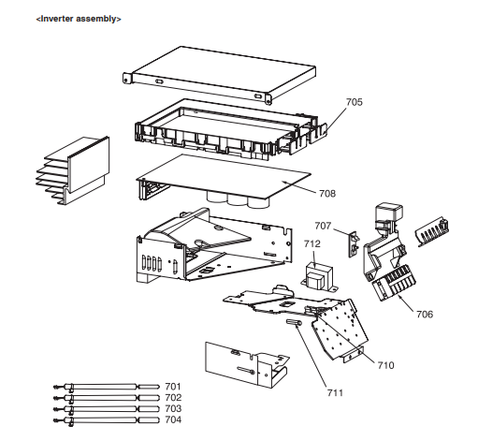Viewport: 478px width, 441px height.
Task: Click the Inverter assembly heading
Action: (79, 19)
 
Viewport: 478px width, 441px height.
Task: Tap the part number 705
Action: (355, 102)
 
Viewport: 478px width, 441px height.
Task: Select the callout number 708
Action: (327, 194)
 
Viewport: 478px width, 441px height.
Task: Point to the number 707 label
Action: (323, 226)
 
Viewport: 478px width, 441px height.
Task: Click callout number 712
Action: (312, 243)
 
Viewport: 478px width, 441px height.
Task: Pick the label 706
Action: (425, 314)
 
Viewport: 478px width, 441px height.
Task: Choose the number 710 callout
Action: (385, 365)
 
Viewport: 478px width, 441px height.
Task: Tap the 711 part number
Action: (335, 392)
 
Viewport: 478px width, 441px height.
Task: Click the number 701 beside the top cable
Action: (173, 387)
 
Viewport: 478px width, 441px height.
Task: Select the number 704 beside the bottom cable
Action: (173, 419)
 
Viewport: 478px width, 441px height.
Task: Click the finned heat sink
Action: (73, 170)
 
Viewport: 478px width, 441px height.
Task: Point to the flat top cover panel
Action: (220, 75)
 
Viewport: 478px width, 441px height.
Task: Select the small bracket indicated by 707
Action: (354, 244)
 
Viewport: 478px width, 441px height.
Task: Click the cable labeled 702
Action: (107, 398)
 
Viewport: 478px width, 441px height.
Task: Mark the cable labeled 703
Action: (107, 409)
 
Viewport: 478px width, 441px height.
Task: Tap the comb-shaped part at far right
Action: (432, 231)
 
